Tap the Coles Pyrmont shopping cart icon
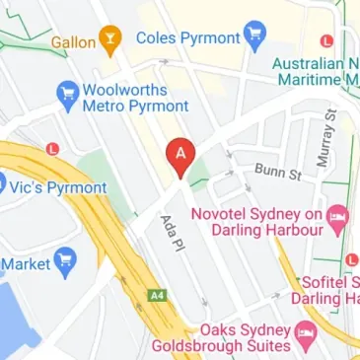coord(254,37)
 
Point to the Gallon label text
coord(74,41)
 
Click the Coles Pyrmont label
coord(187,37)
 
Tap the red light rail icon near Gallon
coord(51,149)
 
